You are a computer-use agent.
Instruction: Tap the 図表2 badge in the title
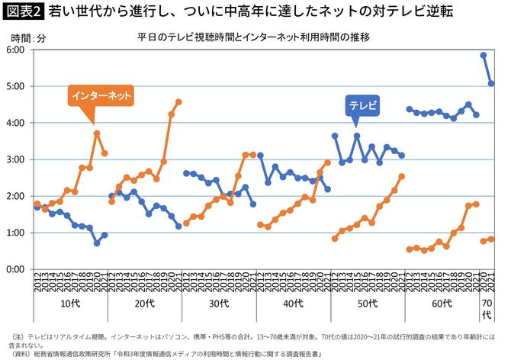(24, 11)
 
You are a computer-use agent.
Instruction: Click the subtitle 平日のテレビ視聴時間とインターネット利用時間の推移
(243, 36)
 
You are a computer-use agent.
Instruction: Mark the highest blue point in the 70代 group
(484, 55)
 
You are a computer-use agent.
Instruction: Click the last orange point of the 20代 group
(178, 101)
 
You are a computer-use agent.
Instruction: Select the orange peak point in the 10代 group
(97, 133)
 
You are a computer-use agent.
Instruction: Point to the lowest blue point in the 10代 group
(97, 243)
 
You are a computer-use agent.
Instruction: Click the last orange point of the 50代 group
(402, 176)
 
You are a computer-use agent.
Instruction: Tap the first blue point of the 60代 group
(410, 109)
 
